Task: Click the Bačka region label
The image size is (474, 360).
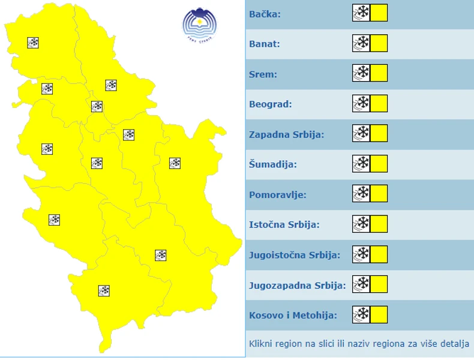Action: [265, 13]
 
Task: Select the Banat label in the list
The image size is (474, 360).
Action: [265, 44]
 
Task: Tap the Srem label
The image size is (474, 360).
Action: [263, 74]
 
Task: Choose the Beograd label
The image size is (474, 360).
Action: [270, 104]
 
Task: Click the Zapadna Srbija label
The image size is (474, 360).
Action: [286, 134]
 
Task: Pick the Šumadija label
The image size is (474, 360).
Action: [272, 164]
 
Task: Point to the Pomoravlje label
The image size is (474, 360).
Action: [277, 194]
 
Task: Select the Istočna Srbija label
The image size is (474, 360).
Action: [284, 224]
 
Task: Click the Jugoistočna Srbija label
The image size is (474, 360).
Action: [294, 254]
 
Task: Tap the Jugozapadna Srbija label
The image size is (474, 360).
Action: [297, 285]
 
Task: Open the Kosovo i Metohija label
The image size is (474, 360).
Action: [293, 315]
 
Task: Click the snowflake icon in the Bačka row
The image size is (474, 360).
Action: [361, 13]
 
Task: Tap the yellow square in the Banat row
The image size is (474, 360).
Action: [379, 43]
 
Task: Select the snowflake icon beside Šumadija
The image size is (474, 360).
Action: [361, 163]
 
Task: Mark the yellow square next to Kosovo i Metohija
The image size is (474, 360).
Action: [379, 314]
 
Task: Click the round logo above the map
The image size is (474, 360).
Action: [200, 25]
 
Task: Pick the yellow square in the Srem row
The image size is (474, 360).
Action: [379, 73]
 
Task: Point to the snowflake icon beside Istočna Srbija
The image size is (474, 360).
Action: [361, 224]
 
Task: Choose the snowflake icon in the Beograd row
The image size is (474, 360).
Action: [361, 103]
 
